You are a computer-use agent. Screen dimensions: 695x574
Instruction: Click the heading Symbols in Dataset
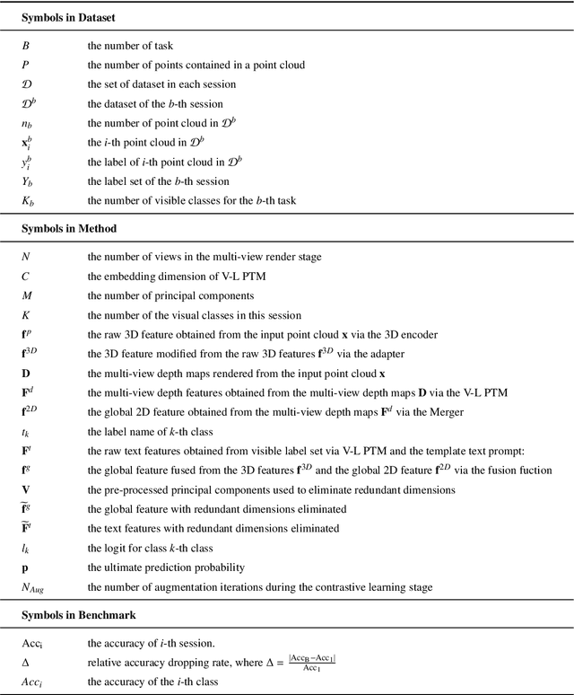[67, 17]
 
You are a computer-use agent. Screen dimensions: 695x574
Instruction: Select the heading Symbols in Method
[66, 228]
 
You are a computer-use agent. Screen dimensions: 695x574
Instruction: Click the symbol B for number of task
[26, 44]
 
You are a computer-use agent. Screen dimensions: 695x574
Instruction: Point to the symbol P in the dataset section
[26, 64]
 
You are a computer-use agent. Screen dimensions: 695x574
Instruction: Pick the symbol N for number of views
[26, 256]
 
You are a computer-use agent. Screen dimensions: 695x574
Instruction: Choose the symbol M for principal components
[27, 295]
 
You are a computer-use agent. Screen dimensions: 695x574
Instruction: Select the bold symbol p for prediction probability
[25, 568]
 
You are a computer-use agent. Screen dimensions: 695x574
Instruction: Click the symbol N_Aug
[35, 588]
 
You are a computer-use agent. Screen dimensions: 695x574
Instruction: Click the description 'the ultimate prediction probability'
[167, 568]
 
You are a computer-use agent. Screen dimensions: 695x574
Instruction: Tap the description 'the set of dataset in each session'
[161, 84]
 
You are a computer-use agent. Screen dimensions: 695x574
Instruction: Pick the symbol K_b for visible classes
[29, 200]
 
